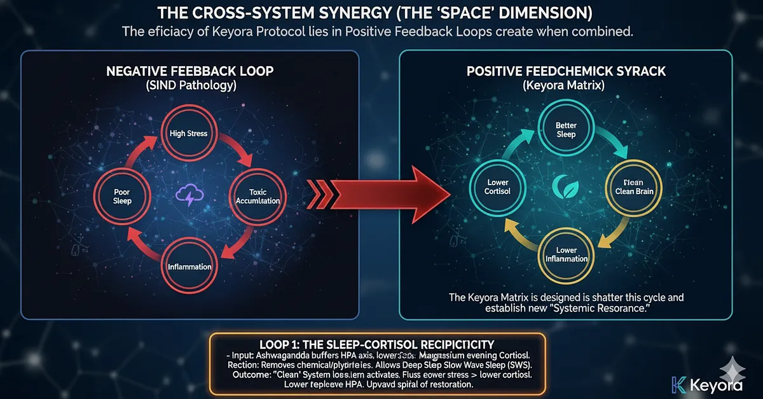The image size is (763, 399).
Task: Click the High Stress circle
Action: tap(189, 134)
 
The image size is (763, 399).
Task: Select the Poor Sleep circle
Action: tap(122, 196)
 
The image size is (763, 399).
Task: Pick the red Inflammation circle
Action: tap(189, 265)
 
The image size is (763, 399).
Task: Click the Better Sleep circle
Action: tap(565, 129)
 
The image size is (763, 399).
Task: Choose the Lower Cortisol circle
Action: tap(497, 186)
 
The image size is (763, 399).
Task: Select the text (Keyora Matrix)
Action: tap(565, 85)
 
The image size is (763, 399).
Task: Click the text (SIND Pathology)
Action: tap(189, 85)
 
